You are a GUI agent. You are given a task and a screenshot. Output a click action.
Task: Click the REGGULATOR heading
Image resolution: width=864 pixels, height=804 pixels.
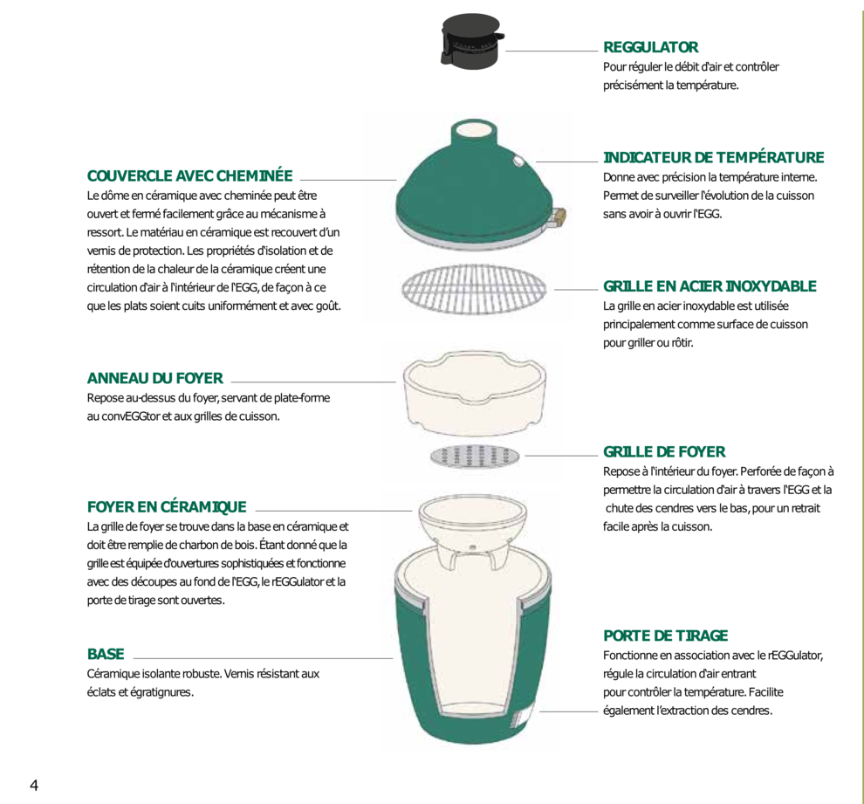pyautogui.click(x=650, y=47)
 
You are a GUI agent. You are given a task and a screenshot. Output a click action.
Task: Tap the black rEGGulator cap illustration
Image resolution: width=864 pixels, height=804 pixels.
pyautogui.click(x=472, y=41)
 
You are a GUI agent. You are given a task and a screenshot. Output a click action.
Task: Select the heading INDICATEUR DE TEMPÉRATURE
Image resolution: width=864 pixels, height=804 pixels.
pyautogui.click(x=714, y=157)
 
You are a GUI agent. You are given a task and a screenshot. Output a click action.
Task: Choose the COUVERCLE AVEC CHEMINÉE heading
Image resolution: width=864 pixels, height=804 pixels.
pyautogui.click(x=189, y=175)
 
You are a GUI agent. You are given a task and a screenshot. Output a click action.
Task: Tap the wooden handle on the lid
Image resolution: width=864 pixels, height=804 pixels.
pyautogui.click(x=559, y=217)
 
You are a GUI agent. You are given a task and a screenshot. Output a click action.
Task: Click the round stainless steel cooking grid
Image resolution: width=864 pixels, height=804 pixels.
pyautogui.click(x=474, y=289)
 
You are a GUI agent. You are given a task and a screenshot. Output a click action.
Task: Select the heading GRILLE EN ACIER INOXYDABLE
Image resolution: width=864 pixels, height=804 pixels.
pyautogui.click(x=710, y=286)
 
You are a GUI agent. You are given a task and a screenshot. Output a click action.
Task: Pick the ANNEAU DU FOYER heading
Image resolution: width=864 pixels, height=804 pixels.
pyautogui.click(x=154, y=378)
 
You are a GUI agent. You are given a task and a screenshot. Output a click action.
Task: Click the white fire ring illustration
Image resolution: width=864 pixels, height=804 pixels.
pyautogui.click(x=475, y=391)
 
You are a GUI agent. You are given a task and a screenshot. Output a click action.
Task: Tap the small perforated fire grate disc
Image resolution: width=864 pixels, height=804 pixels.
pyautogui.click(x=475, y=457)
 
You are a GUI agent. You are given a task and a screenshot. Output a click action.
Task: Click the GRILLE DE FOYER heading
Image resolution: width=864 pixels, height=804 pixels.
pyautogui.click(x=664, y=452)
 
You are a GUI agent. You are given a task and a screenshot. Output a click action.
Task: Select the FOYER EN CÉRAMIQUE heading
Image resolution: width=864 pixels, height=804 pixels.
pyautogui.click(x=167, y=507)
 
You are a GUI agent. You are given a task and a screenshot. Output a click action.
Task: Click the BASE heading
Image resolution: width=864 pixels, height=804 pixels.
pyautogui.click(x=106, y=654)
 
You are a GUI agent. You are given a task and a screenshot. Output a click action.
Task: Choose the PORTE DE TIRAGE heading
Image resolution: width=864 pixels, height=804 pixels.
pyautogui.click(x=665, y=636)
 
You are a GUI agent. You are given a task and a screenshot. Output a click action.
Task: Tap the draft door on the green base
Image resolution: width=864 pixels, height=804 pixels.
pyautogui.click(x=523, y=714)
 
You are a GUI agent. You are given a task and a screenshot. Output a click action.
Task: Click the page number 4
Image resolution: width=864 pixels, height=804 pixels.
pyautogui.click(x=34, y=786)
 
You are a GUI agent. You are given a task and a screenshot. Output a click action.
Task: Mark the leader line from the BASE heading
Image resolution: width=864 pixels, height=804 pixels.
pyautogui.click(x=263, y=658)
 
